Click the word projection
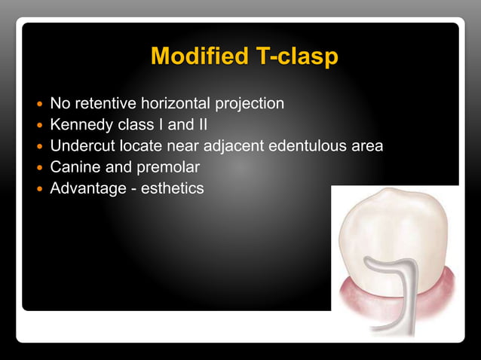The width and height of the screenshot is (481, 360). [x=247, y=102]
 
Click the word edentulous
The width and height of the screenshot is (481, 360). [x=301, y=145]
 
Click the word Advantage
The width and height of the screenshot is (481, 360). [x=84, y=188]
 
